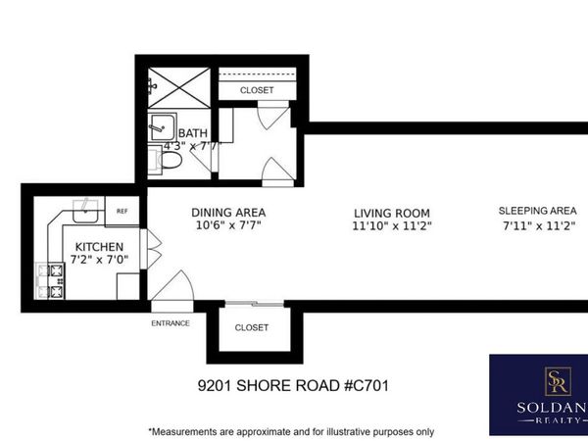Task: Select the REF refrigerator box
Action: (122, 211)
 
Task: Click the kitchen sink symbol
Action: (88, 206)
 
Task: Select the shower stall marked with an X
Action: (178, 85)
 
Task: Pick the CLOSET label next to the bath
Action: (257, 90)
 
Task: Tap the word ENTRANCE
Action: (170, 322)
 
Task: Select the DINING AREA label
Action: (228, 212)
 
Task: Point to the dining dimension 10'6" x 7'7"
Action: (228, 226)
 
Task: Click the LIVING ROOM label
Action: (392, 213)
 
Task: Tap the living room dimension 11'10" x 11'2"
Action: (392, 227)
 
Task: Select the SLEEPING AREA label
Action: (537, 211)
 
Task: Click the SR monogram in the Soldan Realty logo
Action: (558, 381)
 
